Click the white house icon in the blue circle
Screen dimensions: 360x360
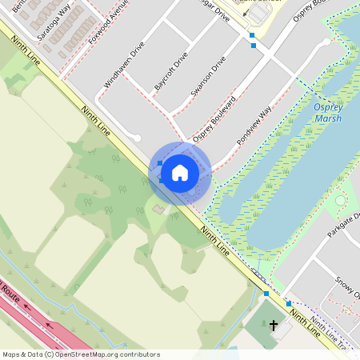tap(180, 173)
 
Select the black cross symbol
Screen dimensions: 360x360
tap(274, 326)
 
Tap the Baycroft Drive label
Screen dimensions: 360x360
tap(170, 75)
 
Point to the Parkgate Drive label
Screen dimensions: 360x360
tap(342, 230)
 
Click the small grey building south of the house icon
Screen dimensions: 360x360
tap(158, 210)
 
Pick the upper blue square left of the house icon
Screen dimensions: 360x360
tap(160, 163)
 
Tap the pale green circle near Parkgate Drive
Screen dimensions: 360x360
tap(341, 200)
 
